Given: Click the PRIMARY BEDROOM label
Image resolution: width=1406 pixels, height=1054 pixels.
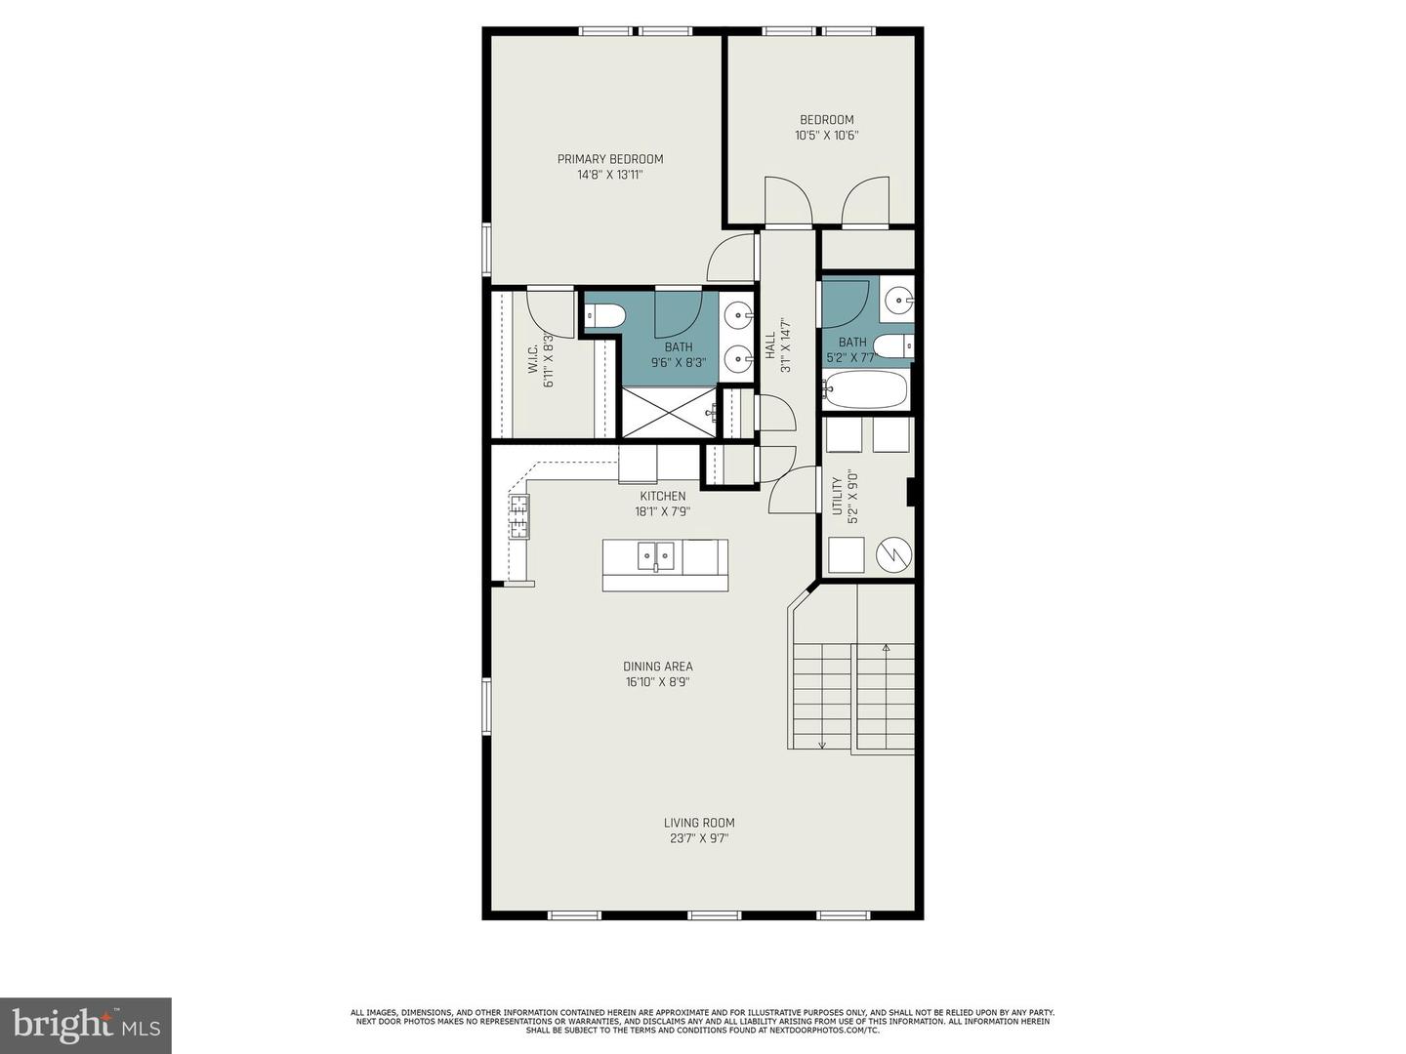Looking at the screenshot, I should [610, 159].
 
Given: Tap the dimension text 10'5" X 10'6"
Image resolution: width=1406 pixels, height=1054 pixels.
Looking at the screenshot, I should [826, 136].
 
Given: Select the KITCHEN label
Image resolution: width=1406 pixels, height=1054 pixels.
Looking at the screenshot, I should [663, 496].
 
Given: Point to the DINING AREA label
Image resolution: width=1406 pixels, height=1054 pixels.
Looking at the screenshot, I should [658, 667].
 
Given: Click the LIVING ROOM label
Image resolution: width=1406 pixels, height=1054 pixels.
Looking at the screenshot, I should [699, 823].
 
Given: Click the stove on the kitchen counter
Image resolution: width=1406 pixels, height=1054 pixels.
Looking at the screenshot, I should [518, 517].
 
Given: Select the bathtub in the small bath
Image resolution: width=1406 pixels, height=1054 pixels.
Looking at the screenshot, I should [865, 389].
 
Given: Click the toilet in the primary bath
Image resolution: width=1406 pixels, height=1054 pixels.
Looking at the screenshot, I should [605, 316].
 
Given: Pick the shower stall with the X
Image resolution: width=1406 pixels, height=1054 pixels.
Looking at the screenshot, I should [669, 412].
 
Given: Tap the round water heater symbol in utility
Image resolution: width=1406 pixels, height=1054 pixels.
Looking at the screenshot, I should [893, 555].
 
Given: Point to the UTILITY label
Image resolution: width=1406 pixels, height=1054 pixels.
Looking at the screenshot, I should [837, 497].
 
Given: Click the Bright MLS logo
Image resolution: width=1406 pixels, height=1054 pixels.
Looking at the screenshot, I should [86, 1025].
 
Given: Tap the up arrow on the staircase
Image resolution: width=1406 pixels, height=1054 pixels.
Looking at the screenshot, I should [886, 648].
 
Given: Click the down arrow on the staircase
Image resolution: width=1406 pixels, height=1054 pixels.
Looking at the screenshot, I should [822, 743].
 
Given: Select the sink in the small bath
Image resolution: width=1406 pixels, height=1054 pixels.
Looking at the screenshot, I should [897, 300].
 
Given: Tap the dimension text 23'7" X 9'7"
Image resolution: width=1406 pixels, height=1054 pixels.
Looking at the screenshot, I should [699, 837].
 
